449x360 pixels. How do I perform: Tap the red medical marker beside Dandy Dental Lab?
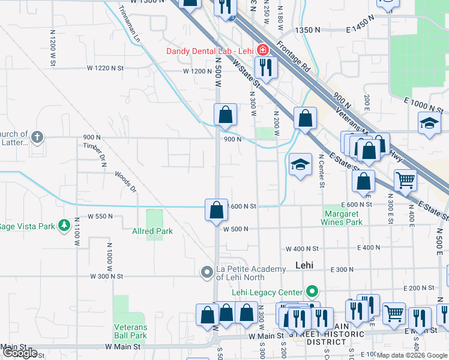click(262, 49)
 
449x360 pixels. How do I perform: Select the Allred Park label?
click(152, 231)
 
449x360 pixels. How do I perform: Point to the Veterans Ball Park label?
click(130, 331)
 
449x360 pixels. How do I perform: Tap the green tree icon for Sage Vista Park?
click(64, 226)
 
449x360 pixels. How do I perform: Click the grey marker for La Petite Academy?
click(207, 273)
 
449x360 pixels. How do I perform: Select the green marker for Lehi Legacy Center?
click(312, 293)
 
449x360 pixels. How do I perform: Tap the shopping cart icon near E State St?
click(406, 179)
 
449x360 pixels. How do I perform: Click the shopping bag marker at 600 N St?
click(216, 209)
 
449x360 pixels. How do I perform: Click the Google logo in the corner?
click(20, 353)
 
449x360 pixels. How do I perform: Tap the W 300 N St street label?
click(106, 277)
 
